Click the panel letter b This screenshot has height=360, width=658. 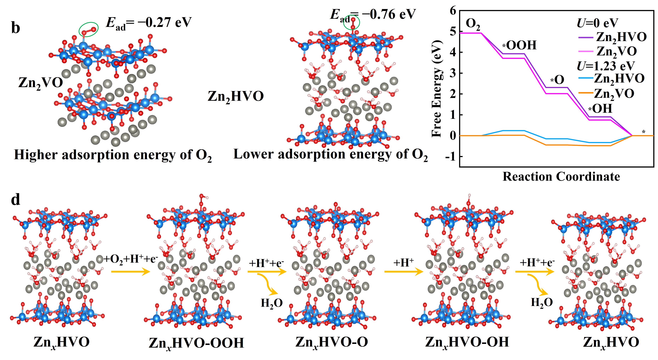click(16, 28)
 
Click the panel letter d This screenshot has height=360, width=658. click(16, 200)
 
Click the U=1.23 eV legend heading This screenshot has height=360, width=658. click(605, 66)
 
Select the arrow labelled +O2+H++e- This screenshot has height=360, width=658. click(131, 272)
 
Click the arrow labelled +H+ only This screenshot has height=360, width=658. click(404, 272)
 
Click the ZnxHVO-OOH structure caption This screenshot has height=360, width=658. click(196, 343)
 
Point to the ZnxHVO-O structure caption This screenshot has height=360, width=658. click(331, 342)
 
